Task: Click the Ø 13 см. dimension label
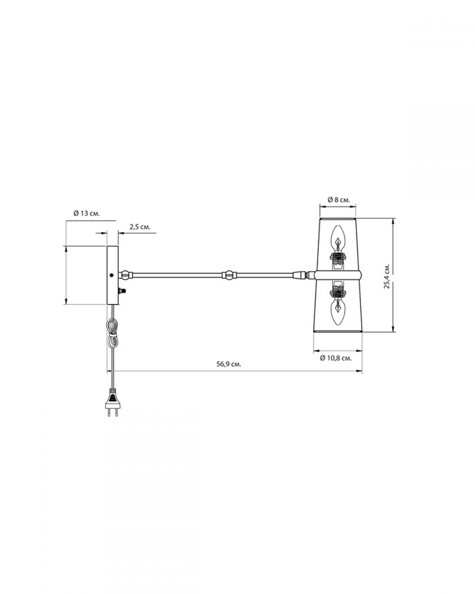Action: (86, 214)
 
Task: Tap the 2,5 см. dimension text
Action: (140, 227)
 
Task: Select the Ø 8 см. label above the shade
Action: (338, 200)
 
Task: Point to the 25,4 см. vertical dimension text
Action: (387, 276)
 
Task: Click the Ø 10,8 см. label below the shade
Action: (336, 358)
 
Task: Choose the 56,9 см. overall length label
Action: (228, 364)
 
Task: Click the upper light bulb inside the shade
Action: (338, 238)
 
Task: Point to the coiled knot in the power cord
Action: (112, 333)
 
